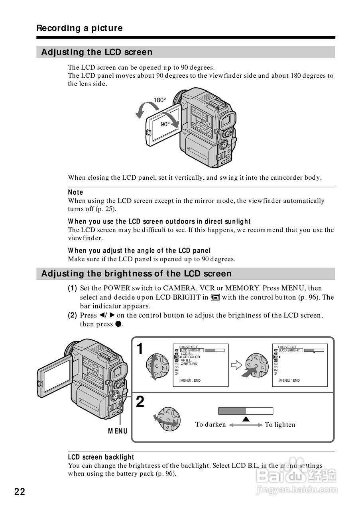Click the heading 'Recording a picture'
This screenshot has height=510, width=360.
coord(79,28)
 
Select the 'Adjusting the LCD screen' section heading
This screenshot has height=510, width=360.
coord(97,52)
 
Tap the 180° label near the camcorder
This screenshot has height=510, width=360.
coord(159,100)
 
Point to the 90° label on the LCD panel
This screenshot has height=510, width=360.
coord(165,124)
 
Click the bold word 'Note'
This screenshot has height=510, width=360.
coord(76,192)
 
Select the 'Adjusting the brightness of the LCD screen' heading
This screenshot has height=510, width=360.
coord(136,274)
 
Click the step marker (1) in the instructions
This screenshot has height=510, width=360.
coord(72,288)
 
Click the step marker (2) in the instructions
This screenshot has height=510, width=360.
coord(72,315)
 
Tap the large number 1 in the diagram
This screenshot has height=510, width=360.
coord(140,349)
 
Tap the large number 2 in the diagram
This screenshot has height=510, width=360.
coord(140,402)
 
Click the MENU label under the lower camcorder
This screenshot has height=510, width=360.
coord(118,431)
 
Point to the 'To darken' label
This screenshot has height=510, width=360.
coord(210,424)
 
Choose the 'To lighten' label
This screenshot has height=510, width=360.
coord(280,425)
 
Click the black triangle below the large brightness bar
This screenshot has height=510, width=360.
coord(246,419)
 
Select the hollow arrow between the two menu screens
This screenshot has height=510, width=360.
coord(237,365)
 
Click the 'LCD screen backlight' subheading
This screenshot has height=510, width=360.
coord(101,457)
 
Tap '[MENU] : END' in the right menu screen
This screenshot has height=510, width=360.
coord(289,381)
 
